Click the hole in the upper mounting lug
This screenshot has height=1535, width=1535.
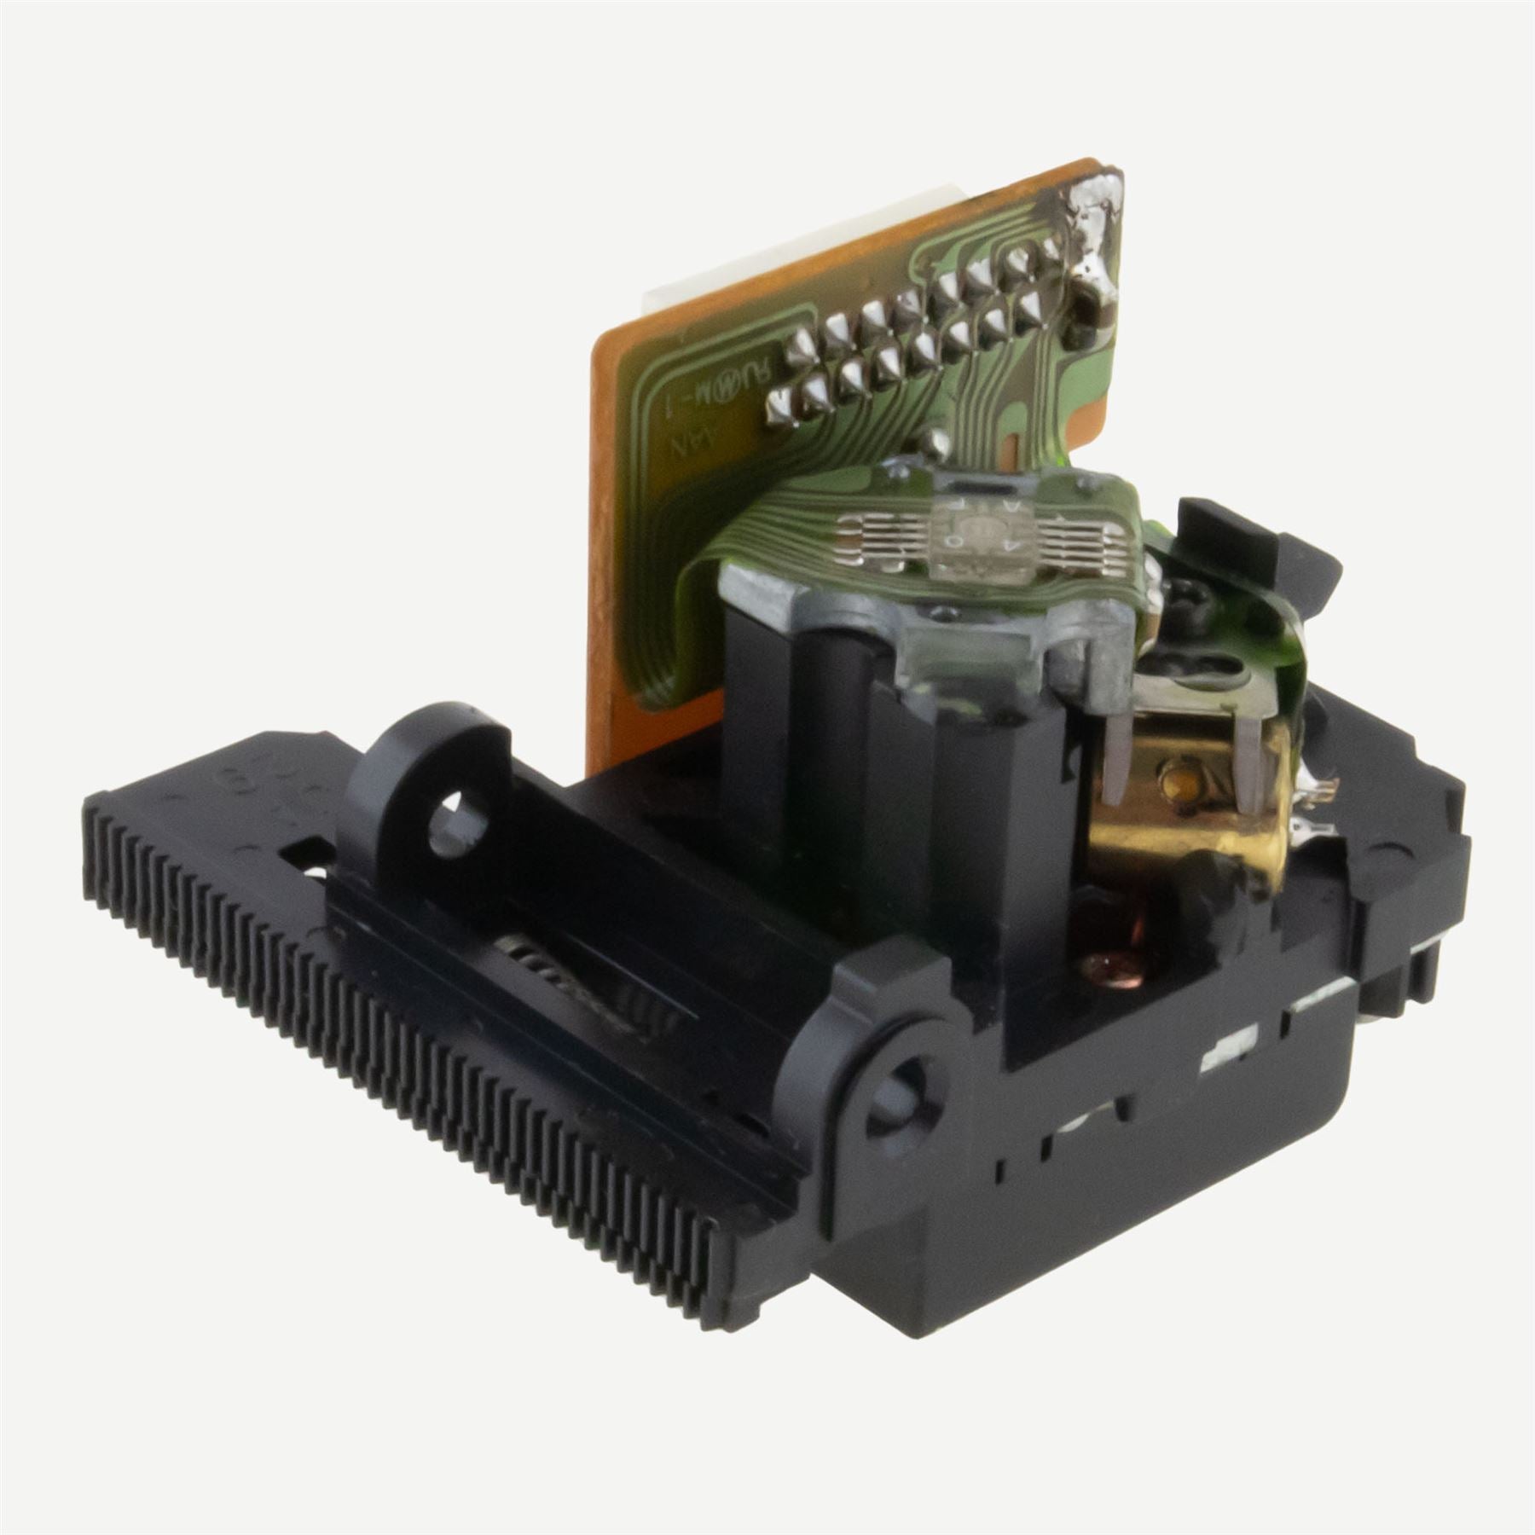pos(457,823)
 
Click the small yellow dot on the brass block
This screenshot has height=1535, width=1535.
pos(1178,777)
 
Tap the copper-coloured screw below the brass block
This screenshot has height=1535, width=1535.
pos(1108,964)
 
